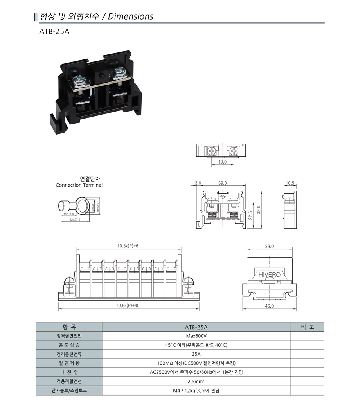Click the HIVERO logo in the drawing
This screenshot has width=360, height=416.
pos(270,275)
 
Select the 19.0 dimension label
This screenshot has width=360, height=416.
pos(222,162)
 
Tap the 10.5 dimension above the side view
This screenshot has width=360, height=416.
pos(290,183)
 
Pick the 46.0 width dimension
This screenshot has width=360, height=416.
pos(269,306)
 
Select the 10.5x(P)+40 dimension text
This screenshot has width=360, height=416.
pos(128,306)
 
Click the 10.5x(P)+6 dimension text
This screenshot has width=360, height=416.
pos(128,246)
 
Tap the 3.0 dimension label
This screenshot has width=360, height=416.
pos(198,183)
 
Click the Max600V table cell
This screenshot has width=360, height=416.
pos(196,336)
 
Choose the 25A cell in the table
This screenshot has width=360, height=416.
pos(196,354)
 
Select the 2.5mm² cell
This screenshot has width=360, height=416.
pos(196,381)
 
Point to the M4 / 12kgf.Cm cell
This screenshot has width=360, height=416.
pos(196,390)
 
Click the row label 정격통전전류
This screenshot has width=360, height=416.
pos(69,354)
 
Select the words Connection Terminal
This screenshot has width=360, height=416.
pos(79,185)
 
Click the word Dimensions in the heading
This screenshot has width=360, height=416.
pos(130,16)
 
